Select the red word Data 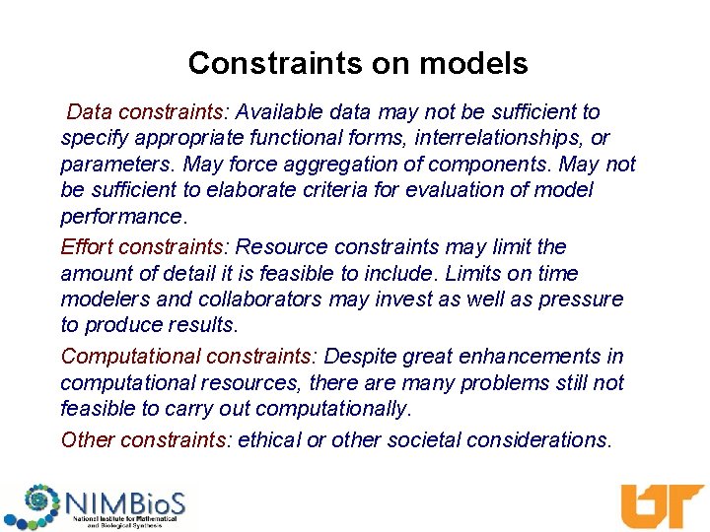(x=88, y=112)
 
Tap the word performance (x=120, y=216)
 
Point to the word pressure (x=584, y=299)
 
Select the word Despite (x=359, y=356)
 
